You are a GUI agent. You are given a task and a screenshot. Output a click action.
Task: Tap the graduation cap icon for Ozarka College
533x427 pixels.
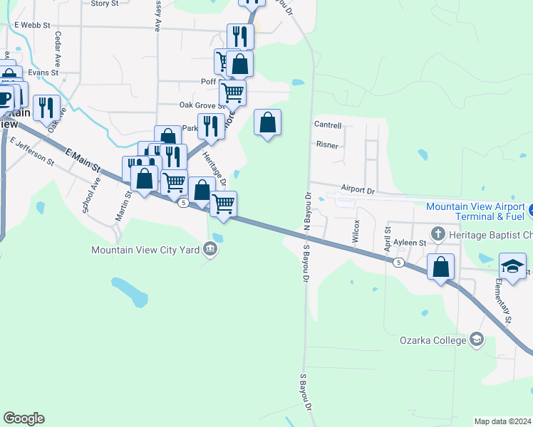[x=476, y=339]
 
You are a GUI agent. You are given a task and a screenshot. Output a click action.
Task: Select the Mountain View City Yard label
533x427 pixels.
[x=147, y=249]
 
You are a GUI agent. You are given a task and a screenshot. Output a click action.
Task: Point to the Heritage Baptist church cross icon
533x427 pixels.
[x=438, y=233]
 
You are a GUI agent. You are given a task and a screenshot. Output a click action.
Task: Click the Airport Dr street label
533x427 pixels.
[x=357, y=190]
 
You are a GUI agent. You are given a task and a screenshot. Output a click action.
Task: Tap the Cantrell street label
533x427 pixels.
[x=328, y=125]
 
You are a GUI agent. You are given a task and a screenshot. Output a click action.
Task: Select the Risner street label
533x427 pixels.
[x=326, y=144]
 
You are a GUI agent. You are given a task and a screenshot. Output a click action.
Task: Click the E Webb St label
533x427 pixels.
[x=33, y=25]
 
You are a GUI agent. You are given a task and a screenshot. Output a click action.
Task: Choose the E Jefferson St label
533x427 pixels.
[x=32, y=150]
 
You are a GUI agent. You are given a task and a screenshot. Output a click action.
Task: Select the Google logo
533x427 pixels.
[x=24, y=418]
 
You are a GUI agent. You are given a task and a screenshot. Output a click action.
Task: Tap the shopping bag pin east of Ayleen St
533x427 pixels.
[x=441, y=268]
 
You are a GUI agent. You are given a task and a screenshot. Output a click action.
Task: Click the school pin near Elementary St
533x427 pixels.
[x=512, y=265]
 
